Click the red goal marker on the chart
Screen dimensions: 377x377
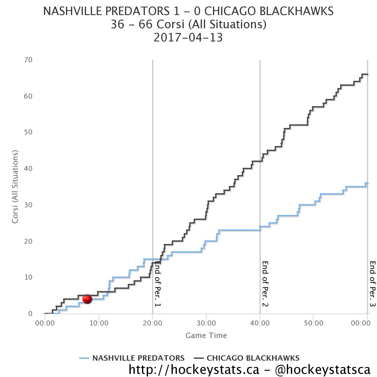pos(87,299)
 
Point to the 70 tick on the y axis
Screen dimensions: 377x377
pos(28,60)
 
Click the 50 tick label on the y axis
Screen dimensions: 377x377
pos(28,132)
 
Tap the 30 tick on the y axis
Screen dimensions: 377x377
pos(28,205)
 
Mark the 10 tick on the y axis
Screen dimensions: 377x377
pos(28,277)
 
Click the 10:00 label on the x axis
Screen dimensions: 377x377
pos(99,323)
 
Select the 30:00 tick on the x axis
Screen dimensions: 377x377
pos(206,323)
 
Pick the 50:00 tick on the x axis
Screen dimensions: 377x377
pos(314,323)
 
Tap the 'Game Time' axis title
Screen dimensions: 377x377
pos(206,336)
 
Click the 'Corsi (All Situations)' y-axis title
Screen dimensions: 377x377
pos(15,187)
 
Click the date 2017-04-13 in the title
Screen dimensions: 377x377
pos(188,38)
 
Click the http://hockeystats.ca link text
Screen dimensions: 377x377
pos(194,369)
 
